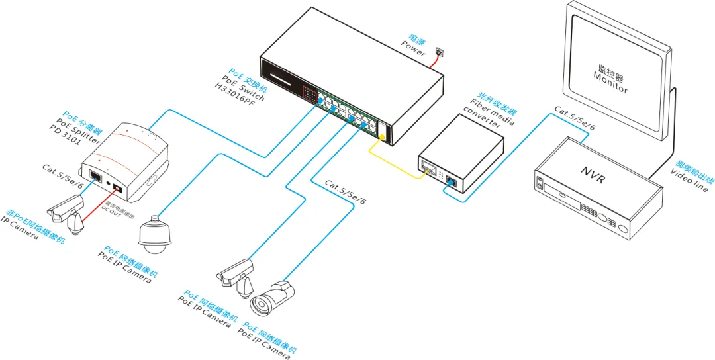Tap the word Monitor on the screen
coord(610,82)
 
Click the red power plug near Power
coord(438,51)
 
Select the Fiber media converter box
coord(460,153)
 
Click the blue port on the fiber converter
coord(450,178)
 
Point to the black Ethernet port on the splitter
coord(95,176)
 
